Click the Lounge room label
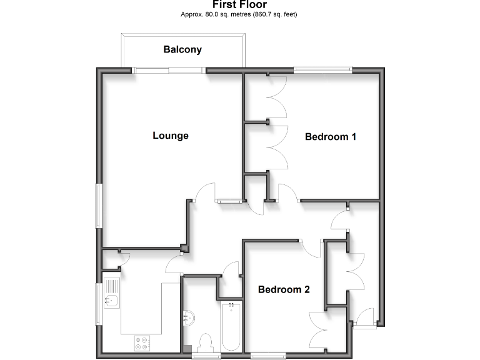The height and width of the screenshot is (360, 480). [x=171, y=136]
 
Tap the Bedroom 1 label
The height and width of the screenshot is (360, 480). [x=330, y=136]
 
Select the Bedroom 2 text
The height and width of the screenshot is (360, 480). [x=284, y=289]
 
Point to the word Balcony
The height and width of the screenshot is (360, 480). [x=182, y=49]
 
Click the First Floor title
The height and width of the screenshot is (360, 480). [x=239, y=5]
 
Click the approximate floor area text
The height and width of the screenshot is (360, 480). [x=239, y=14]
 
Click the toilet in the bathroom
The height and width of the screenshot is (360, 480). [x=204, y=342]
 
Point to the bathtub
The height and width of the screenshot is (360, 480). [x=231, y=326]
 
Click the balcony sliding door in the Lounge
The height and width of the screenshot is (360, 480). [x=170, y=71]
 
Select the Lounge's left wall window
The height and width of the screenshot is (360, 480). [x=99, y=205]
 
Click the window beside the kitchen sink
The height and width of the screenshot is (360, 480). [x=98, y=304]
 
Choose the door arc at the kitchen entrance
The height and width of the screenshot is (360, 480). [x=173, y=266]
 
